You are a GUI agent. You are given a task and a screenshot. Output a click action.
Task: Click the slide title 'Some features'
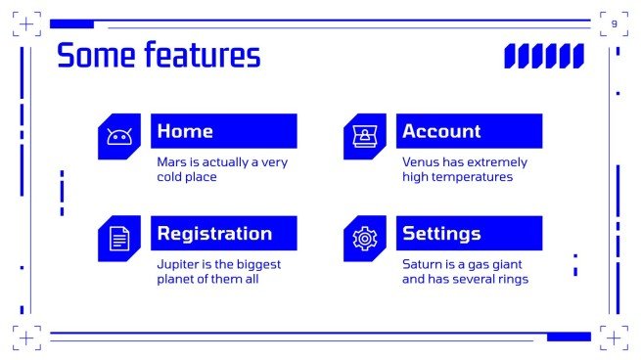pos(159,56)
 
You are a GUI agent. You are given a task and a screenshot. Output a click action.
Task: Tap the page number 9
pos(614,23)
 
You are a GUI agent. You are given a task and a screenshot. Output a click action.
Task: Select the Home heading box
pos(223,131)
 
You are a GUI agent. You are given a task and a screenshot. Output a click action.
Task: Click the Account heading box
pos(469,131)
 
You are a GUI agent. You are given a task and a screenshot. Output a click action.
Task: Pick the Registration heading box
pos(223,234)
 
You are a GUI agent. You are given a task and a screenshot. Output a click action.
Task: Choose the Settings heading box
pos(469,234)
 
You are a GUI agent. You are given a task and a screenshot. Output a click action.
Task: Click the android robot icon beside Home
pos(119,137)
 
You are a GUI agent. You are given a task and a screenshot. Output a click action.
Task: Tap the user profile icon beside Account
pos(364,137)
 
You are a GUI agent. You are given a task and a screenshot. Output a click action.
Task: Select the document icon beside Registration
pos(119,239)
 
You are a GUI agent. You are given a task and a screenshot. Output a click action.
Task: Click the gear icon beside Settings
pos(364,239)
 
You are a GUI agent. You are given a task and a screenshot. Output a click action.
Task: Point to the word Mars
pos(172,162)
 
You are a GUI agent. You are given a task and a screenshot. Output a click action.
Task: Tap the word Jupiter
pos(179,264)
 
